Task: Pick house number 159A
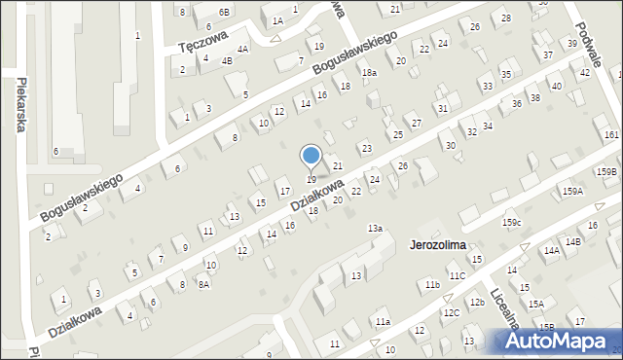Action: click(x=572, y=191)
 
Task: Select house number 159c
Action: click(x=512, y=224)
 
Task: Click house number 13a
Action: click(x=375, y=228)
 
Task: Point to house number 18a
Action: click(x=369, y=73)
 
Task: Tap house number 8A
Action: click(x=203, y=285)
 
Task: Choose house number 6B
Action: click(x=224, y=12)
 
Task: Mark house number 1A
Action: click(x=277, y=20)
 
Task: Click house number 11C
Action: click(x=458, y=276)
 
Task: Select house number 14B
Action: click(x=572, y=241)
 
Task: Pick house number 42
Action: click(x=585, y=73)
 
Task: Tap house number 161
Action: click(x=611, y=133)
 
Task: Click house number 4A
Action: click(x=242, y=48)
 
